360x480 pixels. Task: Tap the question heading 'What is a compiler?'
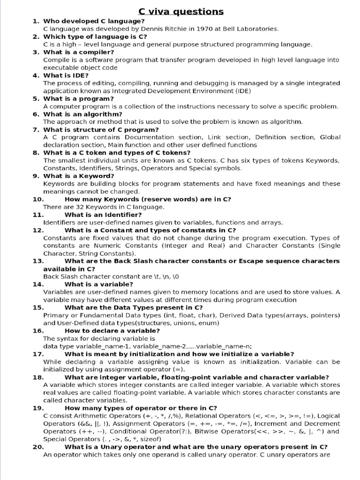coord(78,52)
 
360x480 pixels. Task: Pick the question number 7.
coord(36,129)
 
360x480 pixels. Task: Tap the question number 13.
coord(38,261)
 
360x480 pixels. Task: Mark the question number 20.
coord(38,447)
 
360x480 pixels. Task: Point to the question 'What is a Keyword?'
coord(78,176)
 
